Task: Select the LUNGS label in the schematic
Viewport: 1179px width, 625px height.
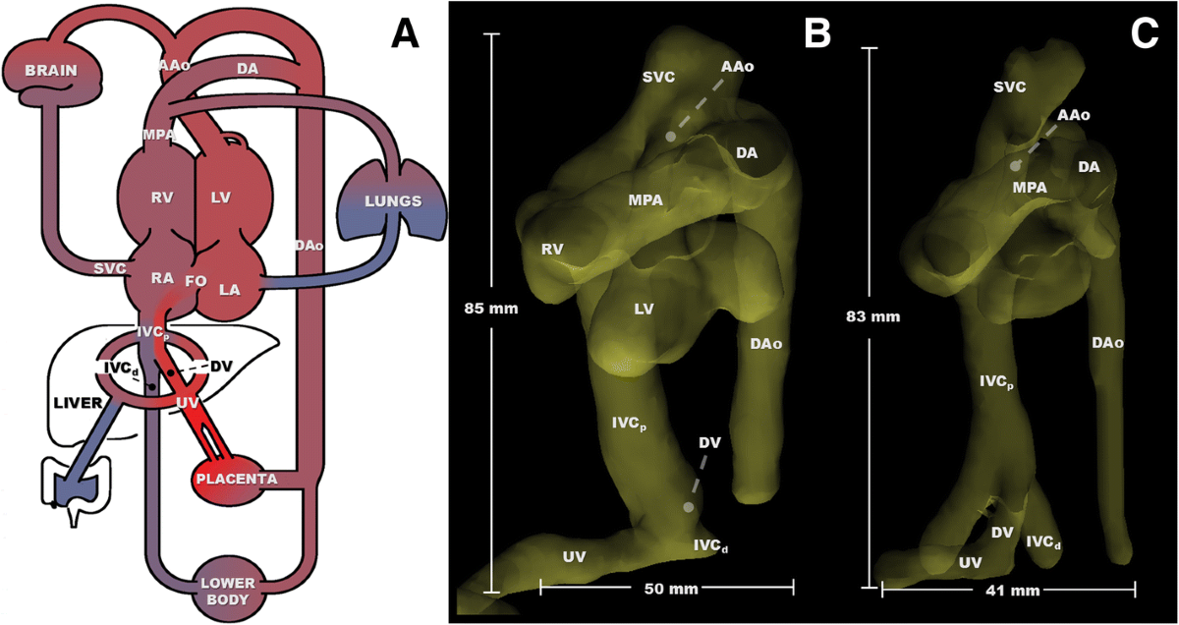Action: [391, 200]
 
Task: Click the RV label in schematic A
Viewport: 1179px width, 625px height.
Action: [162, 198]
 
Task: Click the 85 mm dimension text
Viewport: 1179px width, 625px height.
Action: [490, 308]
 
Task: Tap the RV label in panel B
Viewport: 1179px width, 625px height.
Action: [552, 249]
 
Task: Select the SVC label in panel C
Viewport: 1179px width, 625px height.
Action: [1009, 87]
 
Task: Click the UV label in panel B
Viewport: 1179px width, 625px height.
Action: [575, 557]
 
